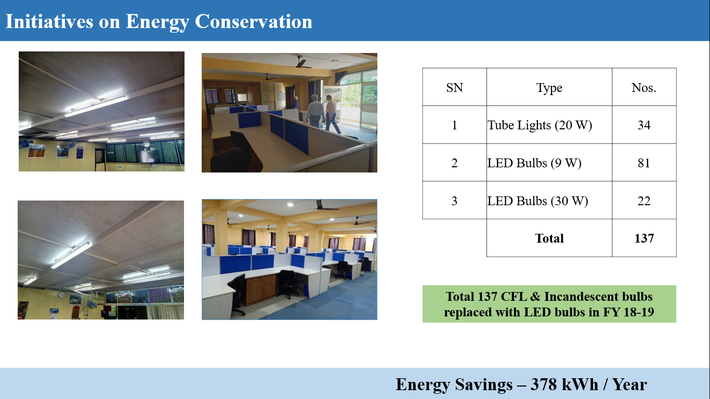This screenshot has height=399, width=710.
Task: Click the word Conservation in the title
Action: [254, 21]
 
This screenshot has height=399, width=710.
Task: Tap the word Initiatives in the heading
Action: [49, 21]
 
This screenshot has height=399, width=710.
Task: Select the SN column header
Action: [454, 87]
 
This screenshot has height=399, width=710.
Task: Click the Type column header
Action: [549, 88]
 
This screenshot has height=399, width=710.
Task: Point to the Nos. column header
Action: [644, 87]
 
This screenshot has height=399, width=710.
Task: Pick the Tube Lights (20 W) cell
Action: [540, 125]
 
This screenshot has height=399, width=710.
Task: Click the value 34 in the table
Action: [644, 125]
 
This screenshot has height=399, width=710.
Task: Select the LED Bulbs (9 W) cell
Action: [534, 163]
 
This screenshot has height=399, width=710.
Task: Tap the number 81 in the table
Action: [644, 163]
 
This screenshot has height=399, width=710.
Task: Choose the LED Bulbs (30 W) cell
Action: [537, 201]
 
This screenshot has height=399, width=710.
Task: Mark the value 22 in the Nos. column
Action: [644, 201]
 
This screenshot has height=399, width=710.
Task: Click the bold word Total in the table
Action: [549, 238]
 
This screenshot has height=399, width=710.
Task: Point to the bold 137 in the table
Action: [644, 238]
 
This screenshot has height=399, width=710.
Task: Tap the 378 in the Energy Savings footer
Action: [544, 384]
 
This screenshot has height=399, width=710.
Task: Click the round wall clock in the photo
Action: [61, 295]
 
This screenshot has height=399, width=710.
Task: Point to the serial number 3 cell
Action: [454, 201]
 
